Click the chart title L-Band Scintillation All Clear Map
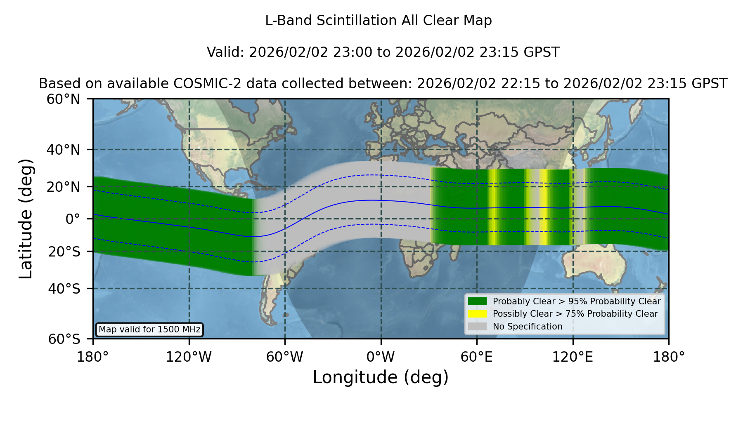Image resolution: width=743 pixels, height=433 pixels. point(378,21)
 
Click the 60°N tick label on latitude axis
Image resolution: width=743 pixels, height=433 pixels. point(63,99)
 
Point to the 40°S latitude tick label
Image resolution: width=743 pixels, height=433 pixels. point(64,289)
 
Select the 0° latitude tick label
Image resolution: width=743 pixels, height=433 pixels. point(73,219)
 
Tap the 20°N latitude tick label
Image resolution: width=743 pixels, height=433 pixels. point(63,187)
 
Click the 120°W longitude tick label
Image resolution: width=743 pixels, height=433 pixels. point(189,357)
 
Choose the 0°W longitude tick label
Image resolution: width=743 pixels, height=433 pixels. point(381,357)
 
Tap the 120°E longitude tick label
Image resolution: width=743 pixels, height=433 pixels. point(573,357)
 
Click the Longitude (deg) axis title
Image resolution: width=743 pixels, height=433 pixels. point(381,377)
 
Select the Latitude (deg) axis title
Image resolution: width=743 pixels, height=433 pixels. point(26,219)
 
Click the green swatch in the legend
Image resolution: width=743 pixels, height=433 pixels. point(477,301)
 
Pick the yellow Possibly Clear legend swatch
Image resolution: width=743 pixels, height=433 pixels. point(477,314)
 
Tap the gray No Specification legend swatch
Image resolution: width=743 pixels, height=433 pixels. point(477,327)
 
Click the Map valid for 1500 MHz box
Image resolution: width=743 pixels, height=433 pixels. point(149,329)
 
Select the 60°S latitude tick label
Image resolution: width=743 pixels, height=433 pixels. point(64,339)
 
